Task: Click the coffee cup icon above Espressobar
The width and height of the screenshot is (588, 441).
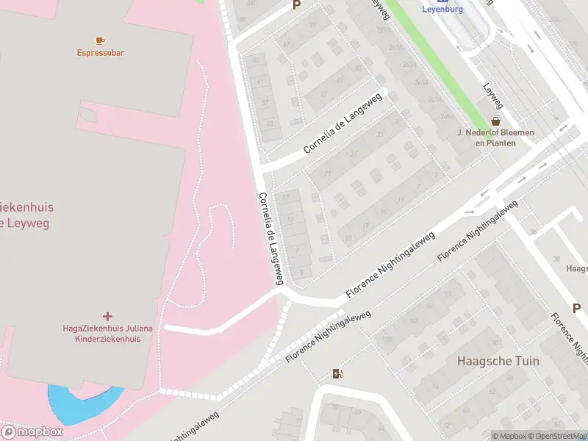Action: [x=100, y=40]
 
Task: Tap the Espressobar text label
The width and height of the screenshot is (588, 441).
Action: [x=100, y=53]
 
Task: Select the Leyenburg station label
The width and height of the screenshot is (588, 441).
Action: [x=442, y=10]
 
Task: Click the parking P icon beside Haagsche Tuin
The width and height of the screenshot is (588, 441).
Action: [x=576, y=309]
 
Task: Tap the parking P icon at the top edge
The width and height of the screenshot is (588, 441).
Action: [x=296, y=5]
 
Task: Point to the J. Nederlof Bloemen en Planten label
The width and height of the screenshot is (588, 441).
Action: [x=495, y=138]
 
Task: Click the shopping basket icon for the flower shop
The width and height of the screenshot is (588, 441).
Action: [x=495, y=121]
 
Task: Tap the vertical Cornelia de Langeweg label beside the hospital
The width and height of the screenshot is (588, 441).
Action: [x=270, y=238]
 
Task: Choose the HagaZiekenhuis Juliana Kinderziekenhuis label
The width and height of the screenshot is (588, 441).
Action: [x=107, y=334]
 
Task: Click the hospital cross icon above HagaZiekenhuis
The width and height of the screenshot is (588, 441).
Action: [x=108, y=316]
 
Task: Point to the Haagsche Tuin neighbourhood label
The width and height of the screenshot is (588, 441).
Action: [x=498, y=361]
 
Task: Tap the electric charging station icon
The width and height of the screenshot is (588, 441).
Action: [x=337, y=374]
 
